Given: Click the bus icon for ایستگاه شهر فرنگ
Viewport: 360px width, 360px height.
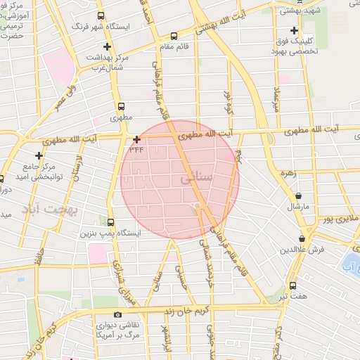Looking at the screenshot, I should click(101, 15).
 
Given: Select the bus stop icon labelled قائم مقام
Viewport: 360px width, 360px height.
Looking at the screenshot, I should click(174, 35).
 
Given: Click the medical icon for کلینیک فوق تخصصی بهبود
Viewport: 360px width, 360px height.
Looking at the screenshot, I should click(294, 31).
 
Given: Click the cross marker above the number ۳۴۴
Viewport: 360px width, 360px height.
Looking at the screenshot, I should click(136, 139).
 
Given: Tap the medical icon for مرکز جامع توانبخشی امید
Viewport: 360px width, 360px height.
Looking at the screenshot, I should click(39, 155).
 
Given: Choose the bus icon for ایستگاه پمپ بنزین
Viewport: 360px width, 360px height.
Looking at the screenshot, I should click(110, 221).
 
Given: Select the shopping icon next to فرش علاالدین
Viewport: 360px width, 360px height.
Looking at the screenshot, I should click(302, 239).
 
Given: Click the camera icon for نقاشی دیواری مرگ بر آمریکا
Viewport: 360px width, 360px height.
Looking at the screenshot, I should click(117, 314).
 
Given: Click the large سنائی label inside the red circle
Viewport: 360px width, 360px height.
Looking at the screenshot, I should click(196, 180).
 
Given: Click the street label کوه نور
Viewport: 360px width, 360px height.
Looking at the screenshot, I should click(227, 101).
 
